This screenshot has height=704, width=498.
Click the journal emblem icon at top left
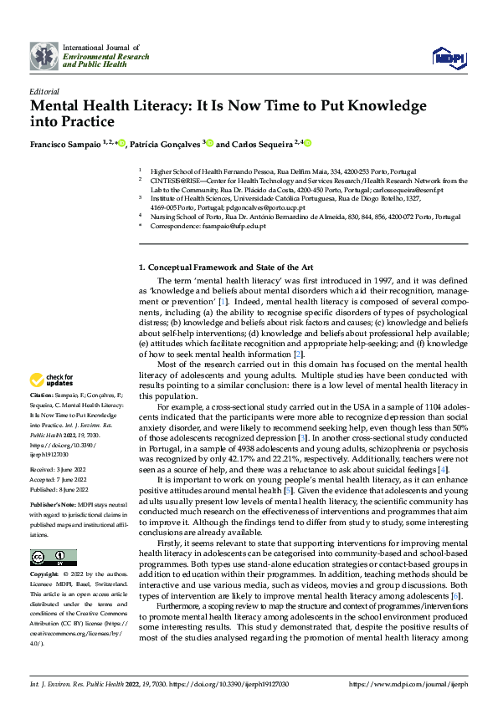pyautogui.click(x=43, y=54)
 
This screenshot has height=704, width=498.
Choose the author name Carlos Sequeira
pyautogui.click(x=264, y=143)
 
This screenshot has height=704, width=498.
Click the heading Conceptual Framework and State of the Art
pyautogui.click(x=226, y=267)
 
